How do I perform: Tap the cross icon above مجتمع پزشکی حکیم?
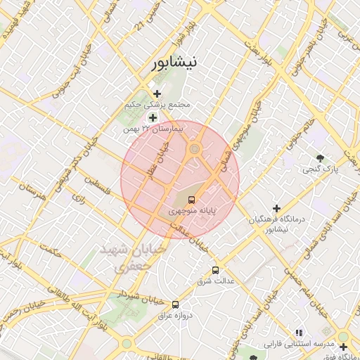156,94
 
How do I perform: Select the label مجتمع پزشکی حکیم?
166,105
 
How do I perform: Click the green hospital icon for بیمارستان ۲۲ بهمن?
153,117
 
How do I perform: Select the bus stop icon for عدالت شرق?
215,270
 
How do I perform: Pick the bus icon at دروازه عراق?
176,304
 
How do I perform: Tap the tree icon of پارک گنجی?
321,157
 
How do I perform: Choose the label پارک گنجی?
321,169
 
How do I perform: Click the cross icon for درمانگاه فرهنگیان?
276,209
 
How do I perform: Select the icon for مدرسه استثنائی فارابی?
298,333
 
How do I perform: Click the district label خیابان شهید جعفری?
131,257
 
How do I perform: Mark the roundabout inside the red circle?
194,148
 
